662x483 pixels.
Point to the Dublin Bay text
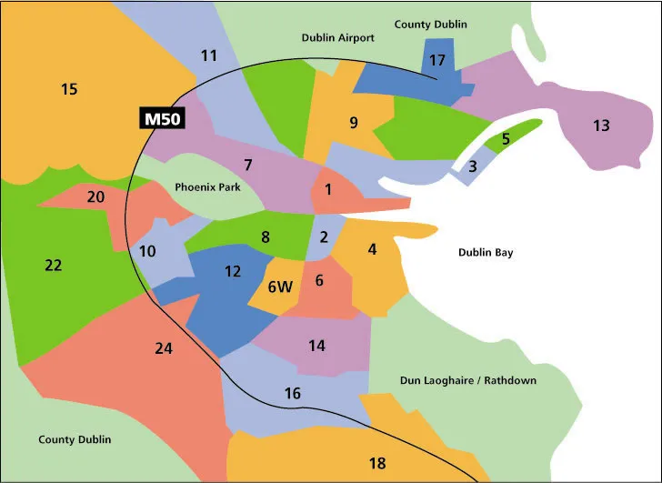[x=486, y=252]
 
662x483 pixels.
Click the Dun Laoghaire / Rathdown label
[x=468, y=379]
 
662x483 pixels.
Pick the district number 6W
[x=281, y=287]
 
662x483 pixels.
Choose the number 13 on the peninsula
[x=601, y=126]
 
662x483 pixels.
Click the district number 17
[x=437, y=61]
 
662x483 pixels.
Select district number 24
[x=164, y=347]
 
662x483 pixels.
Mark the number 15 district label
[x=69, y=89]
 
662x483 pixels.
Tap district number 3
[x=472, y=166]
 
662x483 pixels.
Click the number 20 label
[x=95, y=196]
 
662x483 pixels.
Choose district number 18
[x=377, y=463]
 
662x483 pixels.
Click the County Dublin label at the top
[x=430, y=25]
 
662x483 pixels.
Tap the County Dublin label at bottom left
[x=75, y=439]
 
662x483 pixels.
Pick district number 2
[x=323, y=238]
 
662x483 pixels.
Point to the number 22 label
[x=54, y=266]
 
